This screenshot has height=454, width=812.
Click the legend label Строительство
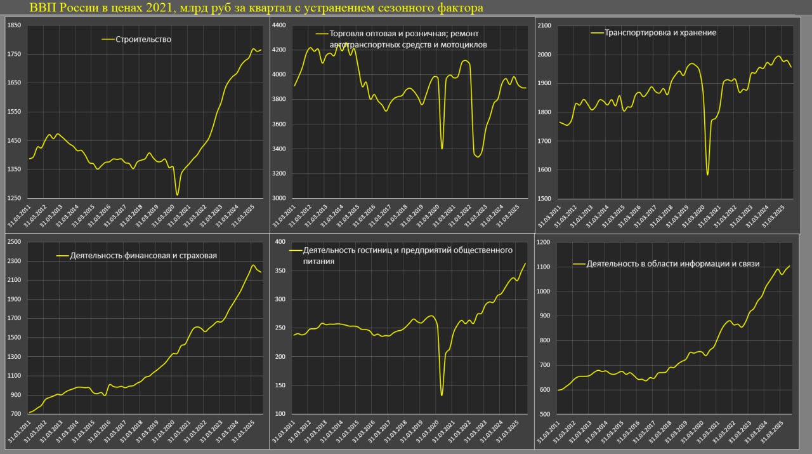point(143,39)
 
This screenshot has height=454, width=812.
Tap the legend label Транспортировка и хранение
point(660,32)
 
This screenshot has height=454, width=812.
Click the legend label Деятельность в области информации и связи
point(673,264)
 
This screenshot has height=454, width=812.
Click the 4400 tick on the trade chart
point(279,25)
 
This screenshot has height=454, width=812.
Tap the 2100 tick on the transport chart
point(544,25)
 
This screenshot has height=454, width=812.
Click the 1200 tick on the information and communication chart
point(544,243)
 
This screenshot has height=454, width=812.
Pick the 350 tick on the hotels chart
point(279,271)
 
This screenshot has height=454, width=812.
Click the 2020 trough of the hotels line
point(442,396)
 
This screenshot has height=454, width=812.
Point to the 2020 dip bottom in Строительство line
point(178,195)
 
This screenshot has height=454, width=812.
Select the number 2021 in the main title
point(141,8)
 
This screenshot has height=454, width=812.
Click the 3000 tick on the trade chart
point(279,198)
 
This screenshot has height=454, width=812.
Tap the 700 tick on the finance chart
point(15,414)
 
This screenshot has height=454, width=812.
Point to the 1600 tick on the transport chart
point(544,170)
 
